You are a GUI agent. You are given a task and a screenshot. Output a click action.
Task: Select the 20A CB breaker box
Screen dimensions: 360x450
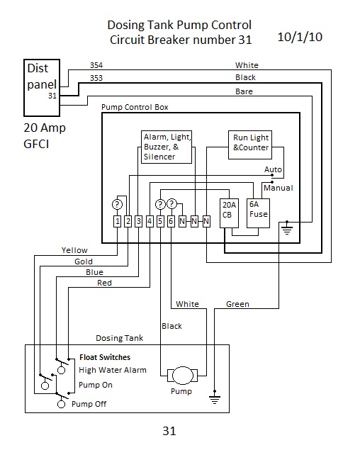coord(229,213)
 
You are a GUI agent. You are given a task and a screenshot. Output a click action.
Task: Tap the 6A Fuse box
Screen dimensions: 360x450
coord(258,213)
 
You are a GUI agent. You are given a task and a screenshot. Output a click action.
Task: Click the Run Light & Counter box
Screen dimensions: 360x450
coord(250,145)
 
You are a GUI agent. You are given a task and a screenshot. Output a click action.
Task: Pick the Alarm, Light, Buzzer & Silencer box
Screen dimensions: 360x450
coord(167,147)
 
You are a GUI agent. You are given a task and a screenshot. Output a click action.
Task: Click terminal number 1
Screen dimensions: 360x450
coord(117,221)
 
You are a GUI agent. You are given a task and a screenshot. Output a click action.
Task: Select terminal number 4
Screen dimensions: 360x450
coord(150,221)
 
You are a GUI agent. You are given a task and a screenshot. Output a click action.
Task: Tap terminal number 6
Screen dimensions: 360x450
coord(171,221)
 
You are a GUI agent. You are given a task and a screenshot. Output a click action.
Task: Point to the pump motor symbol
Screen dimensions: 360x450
coord(183,376)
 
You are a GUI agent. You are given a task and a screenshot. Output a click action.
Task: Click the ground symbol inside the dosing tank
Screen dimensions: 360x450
coord(215,398)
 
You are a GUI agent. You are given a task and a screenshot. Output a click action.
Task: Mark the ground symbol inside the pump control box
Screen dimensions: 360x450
coord(287,228)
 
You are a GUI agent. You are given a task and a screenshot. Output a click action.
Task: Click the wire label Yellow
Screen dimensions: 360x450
coord(74,250)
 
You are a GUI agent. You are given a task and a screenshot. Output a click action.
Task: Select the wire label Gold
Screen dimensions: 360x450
coord(84,261)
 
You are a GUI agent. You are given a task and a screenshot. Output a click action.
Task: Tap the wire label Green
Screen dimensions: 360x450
coord(237,304)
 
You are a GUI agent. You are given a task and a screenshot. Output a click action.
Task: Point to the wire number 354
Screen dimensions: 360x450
coord(96,65)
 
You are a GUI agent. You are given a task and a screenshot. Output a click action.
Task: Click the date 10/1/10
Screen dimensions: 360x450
coord(300,37)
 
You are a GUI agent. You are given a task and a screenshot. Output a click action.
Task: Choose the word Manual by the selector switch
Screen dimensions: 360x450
coord(279,188)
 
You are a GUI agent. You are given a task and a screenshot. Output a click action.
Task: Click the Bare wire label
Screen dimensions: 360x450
coord(244,91)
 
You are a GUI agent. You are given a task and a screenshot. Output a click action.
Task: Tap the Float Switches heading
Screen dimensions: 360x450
coord(105,357)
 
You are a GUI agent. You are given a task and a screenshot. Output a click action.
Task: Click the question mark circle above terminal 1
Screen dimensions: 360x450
coord(117,205)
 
